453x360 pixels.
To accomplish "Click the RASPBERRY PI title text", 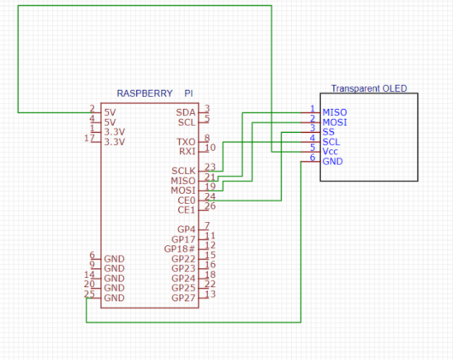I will (154, 93).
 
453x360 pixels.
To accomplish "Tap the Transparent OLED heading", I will (369, 88).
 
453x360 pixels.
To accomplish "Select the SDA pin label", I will (185, 112).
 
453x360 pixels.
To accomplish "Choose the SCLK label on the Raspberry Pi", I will (183, 171).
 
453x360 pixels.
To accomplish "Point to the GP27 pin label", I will (183, 297).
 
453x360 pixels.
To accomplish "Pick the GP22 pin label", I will (183, 259).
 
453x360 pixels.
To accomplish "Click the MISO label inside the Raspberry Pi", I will (184, 181).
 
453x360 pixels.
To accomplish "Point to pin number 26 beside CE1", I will (210, 206).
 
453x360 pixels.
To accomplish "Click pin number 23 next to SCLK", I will (210, 167).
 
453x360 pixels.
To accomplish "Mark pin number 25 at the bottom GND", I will (89, 293).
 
